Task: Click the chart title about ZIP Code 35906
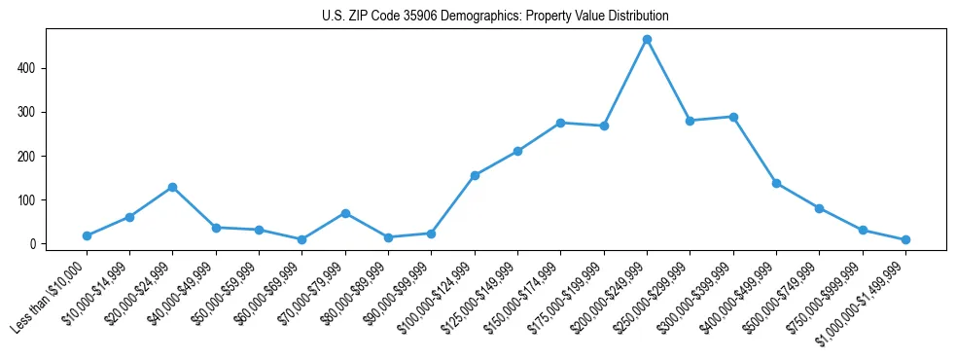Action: coord(495,17)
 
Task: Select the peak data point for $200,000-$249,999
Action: coord(647,40)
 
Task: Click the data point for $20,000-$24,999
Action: coord(172,187)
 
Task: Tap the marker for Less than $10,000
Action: coord(87,235)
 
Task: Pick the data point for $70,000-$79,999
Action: coord(345,213)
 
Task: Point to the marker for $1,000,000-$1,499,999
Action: coord(905,239)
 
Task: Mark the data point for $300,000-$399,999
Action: coord(733,117)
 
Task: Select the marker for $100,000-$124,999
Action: coord(475,175)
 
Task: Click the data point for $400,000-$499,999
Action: coord(776,183)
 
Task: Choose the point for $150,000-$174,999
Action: coord(560,123)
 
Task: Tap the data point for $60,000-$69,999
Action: coord(301,239)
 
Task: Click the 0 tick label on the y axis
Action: coord(33,244)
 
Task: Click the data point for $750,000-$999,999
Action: coord(863,230)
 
